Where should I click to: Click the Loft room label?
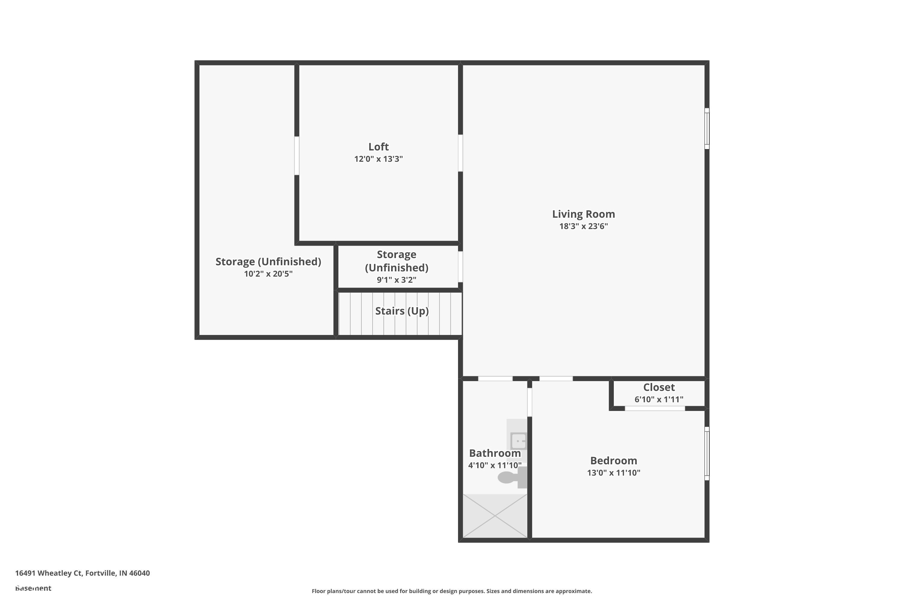click(378, 147)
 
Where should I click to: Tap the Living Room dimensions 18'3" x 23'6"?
click(583, 226)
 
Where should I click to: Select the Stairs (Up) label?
click(402, 311)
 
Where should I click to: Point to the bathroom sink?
click(518, 440)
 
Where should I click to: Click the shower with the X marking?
click(495, 516)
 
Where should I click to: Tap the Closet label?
click(658, 387)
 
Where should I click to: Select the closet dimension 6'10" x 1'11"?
click(658, 399)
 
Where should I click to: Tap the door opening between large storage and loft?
click(297, 156)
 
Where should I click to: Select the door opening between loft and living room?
click(460, 153)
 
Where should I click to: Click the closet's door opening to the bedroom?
click(654, 409)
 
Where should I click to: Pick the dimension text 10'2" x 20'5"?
click(268, 274)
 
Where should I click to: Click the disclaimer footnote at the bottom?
click(452, 591)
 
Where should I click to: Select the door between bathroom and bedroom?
click(529, 402)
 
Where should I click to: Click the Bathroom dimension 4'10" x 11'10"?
click(495, 465)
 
